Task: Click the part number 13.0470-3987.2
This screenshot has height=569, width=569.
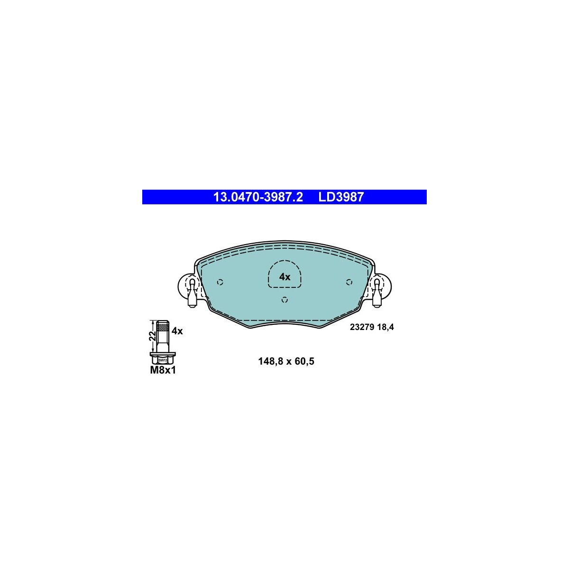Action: coord(258,197)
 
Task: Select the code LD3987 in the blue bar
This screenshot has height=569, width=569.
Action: coord(341,197)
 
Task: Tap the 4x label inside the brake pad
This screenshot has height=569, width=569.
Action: coord(284,277)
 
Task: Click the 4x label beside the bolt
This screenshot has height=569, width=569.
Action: coord(177,331)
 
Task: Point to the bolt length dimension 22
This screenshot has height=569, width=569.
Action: coord(152,336)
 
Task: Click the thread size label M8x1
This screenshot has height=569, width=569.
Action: coord(163,370)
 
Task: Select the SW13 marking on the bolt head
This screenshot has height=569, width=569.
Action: coord(163,360)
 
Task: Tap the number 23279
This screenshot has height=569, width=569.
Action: coord(362,327)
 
